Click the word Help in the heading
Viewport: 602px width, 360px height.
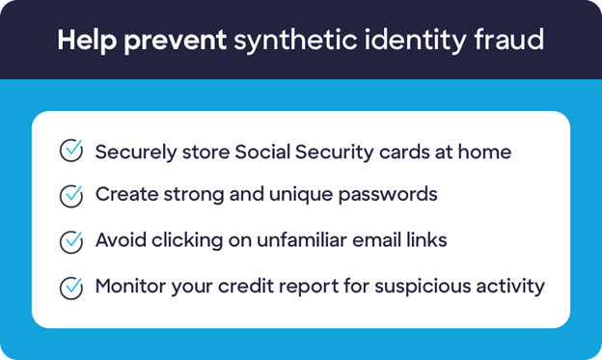tap(82, 41)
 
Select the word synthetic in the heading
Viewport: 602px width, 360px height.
tap(289, 41)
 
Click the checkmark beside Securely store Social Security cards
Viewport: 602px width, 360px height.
tap(71, 151)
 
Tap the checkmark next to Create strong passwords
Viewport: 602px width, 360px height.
tap(71, 196)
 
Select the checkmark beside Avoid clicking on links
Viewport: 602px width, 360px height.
tap(71, 241)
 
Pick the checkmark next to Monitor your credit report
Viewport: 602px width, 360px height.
tap(71, 287)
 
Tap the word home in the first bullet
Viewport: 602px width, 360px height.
tap(487, 151)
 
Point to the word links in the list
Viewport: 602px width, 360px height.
tap(424, 240)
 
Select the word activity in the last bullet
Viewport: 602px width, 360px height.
tap(510, 287)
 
